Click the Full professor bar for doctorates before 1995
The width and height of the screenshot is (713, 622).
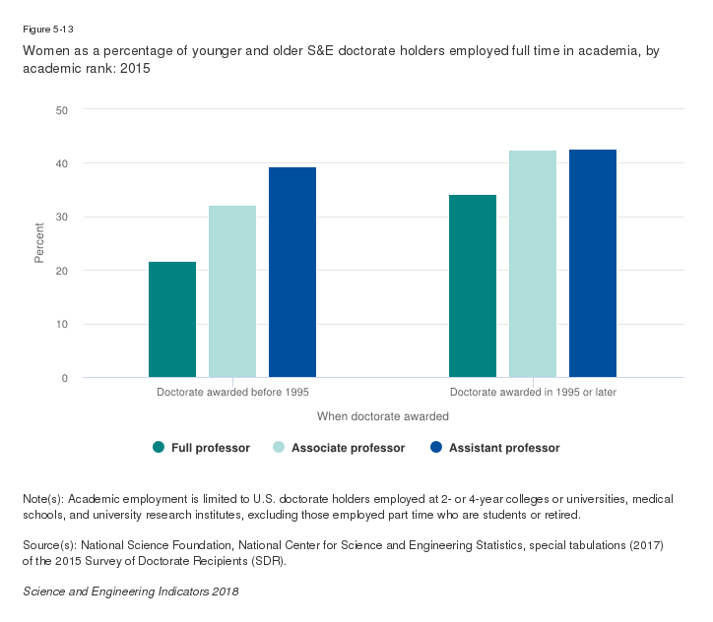(x=172, y=319)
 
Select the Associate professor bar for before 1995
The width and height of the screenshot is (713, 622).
(x=232, y=291)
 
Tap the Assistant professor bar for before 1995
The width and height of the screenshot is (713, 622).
(x=292, y=272)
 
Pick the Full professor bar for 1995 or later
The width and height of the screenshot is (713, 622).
(x=473, y=285)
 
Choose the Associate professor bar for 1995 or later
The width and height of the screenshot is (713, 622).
(x=533, y=264)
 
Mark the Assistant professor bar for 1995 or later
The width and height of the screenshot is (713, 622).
(x=593, y=263)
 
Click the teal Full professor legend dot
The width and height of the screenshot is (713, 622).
(x=159, y=448)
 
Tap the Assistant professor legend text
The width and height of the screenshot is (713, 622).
(x=504, y=448)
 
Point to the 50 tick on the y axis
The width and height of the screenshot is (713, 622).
(x=61, y=109)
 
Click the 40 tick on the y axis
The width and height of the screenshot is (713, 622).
(x=61, y=163)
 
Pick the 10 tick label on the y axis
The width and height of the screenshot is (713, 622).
(x=61, y=325)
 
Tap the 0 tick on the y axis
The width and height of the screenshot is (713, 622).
(x=64, y=378)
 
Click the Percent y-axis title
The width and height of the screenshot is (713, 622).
(x=40, y=244)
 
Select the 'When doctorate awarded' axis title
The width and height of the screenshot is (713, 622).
(x=383, y=416)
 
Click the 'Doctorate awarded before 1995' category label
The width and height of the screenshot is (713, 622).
(x=232, y=393)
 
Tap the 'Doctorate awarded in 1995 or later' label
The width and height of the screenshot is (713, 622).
(x=533, y=393)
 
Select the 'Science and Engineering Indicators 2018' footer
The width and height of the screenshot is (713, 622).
(x=130, y=591)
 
